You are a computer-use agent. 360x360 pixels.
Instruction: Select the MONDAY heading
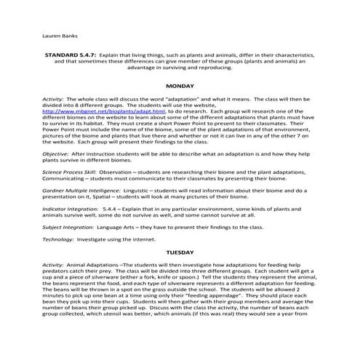180,86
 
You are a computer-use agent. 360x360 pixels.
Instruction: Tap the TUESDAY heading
180,252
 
